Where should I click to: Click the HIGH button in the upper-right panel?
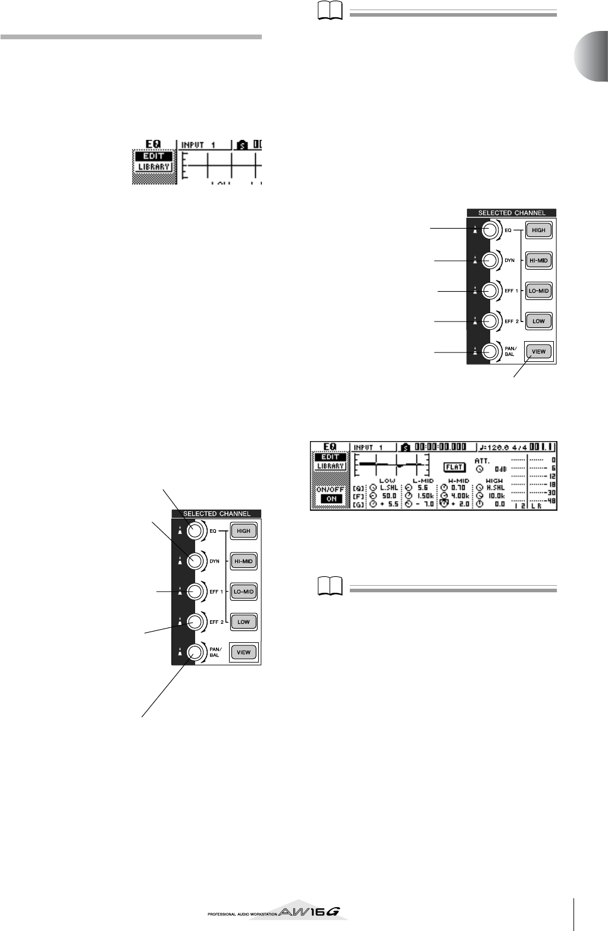538,230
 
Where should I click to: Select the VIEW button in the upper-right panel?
538,352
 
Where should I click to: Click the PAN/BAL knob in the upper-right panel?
491,352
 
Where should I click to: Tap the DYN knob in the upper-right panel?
491,260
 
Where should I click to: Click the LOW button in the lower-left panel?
243,621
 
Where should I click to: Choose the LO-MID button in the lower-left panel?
243,591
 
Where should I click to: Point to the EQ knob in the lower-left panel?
196,530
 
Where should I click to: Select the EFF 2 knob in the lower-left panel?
196,621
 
